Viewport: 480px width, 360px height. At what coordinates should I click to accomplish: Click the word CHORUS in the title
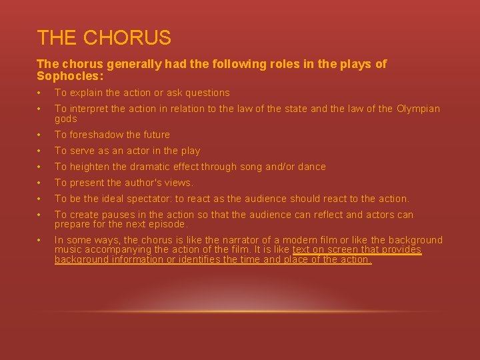click(127, 38)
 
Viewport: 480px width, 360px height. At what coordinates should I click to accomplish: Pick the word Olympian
click(419, 109)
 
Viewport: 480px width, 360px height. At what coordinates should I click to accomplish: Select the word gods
click(66, 119)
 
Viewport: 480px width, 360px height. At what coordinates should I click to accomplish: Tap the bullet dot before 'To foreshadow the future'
click(40, 135)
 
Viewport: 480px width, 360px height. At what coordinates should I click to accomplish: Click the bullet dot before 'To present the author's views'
click(40, 183)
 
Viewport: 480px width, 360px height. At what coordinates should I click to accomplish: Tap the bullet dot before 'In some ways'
click(40, 240)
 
